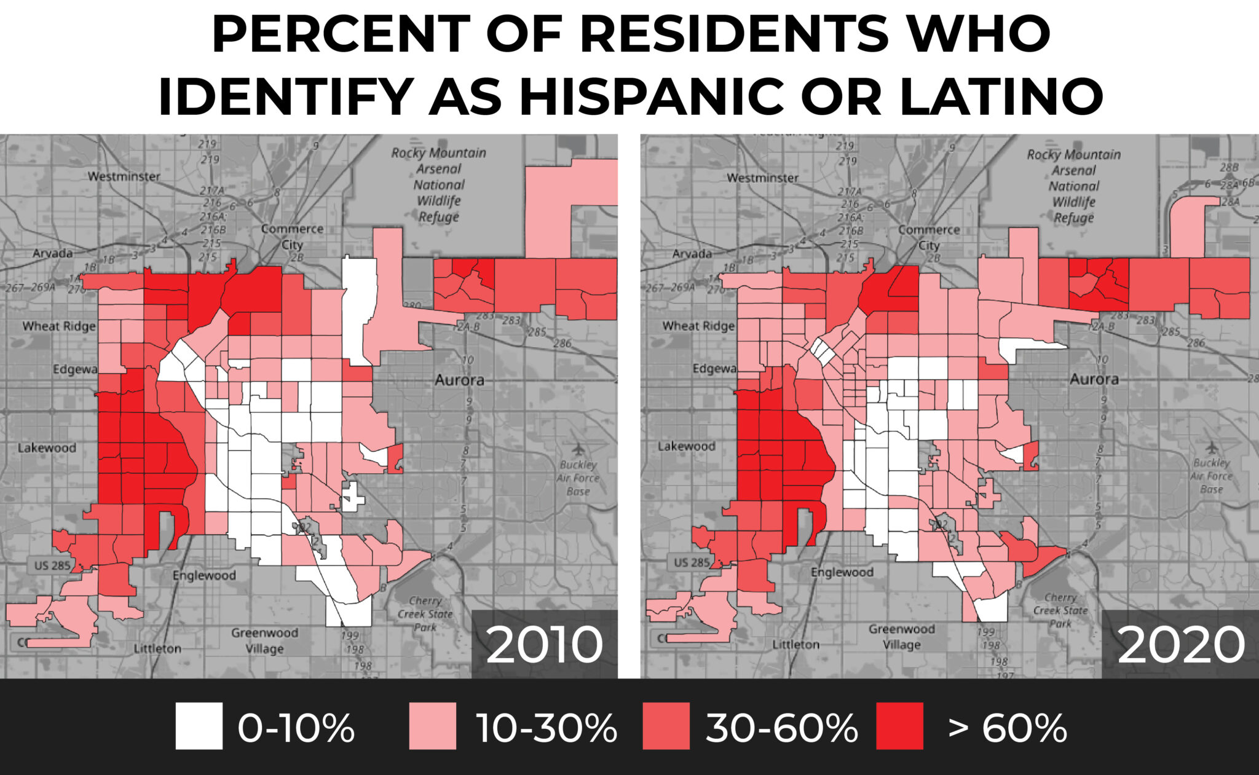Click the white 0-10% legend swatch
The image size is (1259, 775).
pyautogui.click(x=199, y=726)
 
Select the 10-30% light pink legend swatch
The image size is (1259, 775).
pyautogui.click(x=433, y=726)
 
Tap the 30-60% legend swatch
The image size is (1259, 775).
pyautogui.click(x=666, y=726)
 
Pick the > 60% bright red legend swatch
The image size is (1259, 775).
pyautogui.click(x=899, y=726)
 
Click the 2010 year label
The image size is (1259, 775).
pyautogui.click(x=544, y=645)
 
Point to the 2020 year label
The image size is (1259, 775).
pyautogui.click(x=1181, y=645)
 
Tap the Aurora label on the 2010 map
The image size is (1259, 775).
pyautogui.click(x=459, y=380)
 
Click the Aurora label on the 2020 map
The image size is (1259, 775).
pyautogui.click(x=1094, y=379)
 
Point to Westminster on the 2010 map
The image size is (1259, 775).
pyautogui.click(x=124, y=176)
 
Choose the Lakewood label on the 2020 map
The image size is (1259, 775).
pyautogui.click(x=687, y=446)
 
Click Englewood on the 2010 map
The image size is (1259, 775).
pyautogui.click(x=204, y=575)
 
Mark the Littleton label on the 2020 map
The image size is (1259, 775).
pyautogui.click(x=795, y=644)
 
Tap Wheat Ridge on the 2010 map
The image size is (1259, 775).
pyautogui.click(x=59, y=326)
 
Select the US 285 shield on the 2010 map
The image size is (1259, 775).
pyautogui.click(x=52, y=565)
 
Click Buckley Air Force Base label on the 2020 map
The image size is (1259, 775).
pyautogui.click(x=1211, y=476)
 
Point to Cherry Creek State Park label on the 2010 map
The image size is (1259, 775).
pyautogui.click(x=425, y=613)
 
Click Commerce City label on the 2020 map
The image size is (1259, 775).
pyautogui.click(x=929, y=237)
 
